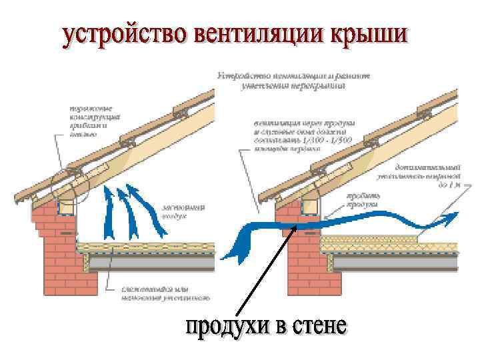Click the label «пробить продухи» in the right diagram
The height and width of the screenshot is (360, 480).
[363, 201]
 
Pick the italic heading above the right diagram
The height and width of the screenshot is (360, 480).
[293, 81]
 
